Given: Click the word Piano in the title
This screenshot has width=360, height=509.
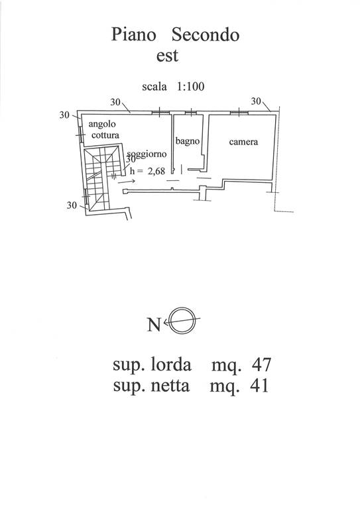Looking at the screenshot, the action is tap(133, 34).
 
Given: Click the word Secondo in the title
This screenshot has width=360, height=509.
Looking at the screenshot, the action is tap(206, 34).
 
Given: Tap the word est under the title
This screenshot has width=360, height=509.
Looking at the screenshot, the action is tap(167, 56).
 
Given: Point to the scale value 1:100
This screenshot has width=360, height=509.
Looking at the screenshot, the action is tap(190, 86).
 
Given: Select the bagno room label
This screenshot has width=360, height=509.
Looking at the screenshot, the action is tap(188, 141).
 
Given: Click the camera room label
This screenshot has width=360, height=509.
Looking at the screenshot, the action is tap(243, 142).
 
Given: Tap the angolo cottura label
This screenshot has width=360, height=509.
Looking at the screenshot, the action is tap(103, 129).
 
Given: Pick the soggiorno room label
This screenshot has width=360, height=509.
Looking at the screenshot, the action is tap(147, 154).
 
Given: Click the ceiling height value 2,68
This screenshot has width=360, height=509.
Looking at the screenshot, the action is tap(156, 171).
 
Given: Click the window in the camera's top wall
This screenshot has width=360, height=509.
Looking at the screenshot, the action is tap(239, 112).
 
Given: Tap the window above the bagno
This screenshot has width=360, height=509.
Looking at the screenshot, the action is tap(191, 113).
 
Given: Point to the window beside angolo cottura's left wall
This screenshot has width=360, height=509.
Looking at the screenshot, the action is tap(80, 135).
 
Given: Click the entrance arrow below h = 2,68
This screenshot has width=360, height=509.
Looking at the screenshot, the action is tap(127, 182).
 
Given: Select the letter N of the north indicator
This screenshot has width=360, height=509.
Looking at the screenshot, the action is tap(154, 324).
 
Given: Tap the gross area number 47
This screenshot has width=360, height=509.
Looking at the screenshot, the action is tap(261, 365).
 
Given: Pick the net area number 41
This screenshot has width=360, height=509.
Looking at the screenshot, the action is tap(259, 386).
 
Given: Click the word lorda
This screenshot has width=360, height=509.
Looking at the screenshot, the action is tap(171, 365).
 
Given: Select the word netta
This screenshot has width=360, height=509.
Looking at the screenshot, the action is tap(170, 386).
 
